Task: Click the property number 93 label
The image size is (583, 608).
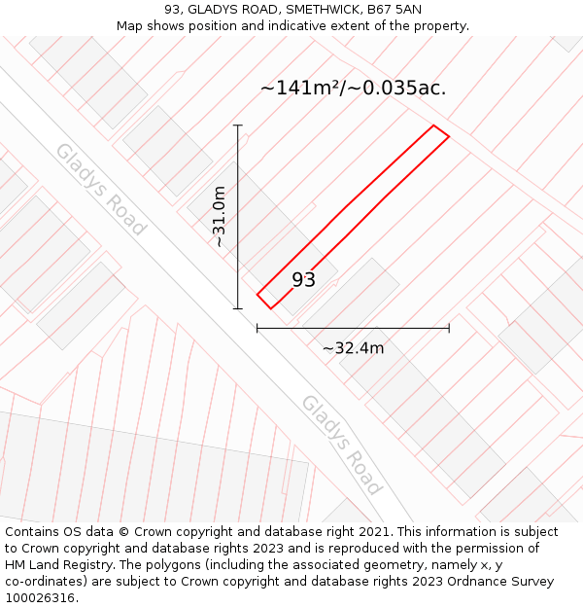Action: point(303,280)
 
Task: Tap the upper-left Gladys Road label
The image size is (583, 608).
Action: point(99,190)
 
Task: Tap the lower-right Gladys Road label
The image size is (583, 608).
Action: point(341,444)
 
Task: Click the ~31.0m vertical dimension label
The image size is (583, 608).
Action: point(220,216)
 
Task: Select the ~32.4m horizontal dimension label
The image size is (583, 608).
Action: point(353,348)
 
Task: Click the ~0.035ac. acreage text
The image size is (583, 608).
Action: point(398,88)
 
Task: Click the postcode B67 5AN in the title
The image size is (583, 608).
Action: point(395,10)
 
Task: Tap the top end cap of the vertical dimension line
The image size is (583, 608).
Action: point(237,125)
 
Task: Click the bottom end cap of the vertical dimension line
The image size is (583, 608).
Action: point(237,308)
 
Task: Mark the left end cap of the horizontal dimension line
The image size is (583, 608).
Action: point(257,329)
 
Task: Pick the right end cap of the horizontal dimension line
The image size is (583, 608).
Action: point(449,329)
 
